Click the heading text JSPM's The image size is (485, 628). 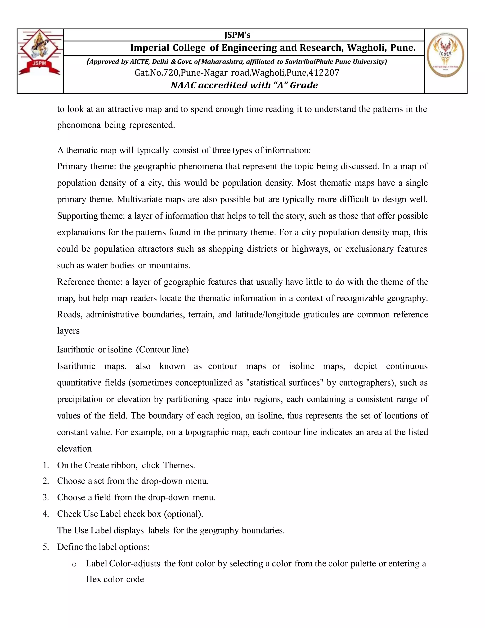(x=237, y=35)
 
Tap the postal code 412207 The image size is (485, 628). (x=325, y=73)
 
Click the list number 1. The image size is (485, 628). (x=45, y=465)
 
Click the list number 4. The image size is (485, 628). (x=45, y=514)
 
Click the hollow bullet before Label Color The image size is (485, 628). (x=74, y=564)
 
